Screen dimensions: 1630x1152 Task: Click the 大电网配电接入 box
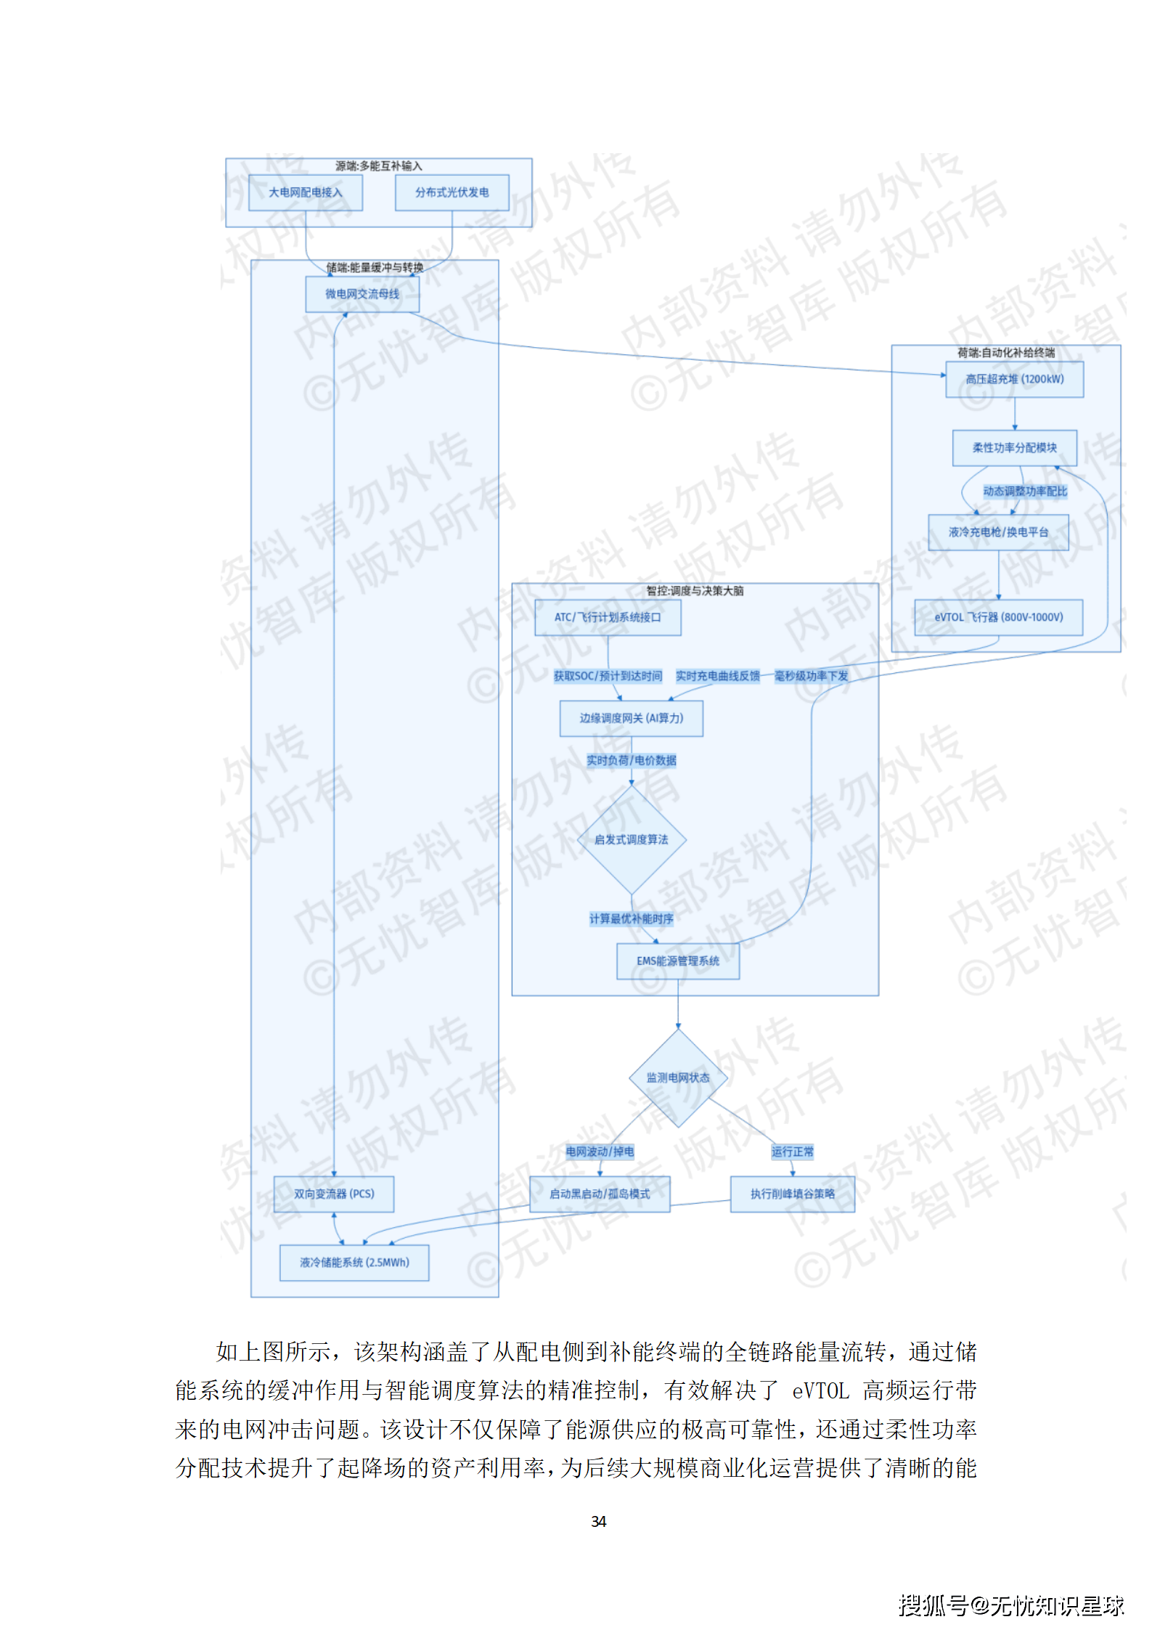coord(305,192)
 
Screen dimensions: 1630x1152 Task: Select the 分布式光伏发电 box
coord(452,192)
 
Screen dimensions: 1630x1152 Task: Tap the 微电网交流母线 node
coord(362,294)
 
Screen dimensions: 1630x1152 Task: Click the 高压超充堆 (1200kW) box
coord(1014,379)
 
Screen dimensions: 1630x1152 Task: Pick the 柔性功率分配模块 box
coord(1014,448)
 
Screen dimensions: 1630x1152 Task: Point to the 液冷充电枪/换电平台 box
coord(998,532)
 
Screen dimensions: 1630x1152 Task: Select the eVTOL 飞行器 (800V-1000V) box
coord(998,617)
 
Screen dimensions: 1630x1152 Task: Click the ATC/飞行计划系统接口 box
coord(608,617)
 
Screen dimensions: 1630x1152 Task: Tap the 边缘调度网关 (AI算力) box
coord(631,718)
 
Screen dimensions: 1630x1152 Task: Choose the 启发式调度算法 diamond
coord(632,839)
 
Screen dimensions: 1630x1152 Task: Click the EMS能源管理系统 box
coord(678,961)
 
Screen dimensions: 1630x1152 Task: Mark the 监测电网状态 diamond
coord(678,1077)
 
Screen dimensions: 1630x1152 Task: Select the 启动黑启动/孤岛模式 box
coord(600,1194)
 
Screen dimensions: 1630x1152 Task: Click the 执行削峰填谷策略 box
coord(792,1194)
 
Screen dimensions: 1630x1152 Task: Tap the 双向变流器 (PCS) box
coord(334,1194)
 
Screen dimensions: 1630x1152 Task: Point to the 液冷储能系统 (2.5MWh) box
coord(354,1263)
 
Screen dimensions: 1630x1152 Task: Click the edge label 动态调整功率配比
coord(1025,492)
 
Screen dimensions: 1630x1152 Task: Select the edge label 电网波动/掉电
coord(600,1152)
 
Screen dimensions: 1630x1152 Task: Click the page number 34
coord(599,1521)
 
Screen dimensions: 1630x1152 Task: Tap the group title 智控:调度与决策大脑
coord(695,591)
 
